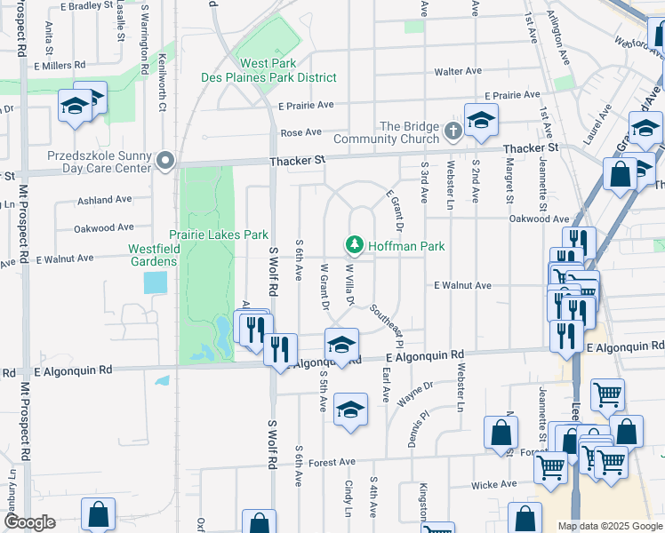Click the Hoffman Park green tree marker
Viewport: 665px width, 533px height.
pyautogui.click(x=355, y=244)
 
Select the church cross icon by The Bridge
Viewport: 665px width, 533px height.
pyautogui.click(x=453, y=132)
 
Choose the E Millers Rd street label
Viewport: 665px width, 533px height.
pyautogui.click(x=60, y=66)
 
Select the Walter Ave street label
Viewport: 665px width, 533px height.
pyautogui.click(x=458, y=71)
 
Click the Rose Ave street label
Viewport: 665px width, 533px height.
pyautogui.click(x=300, y=132)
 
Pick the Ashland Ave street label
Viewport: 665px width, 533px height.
pyautogui.click(x=104, y=200)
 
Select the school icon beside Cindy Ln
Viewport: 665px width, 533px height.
pyautogui.click(x=351, y=409)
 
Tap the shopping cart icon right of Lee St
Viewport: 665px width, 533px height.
pyautogui.click(x=607, y=394)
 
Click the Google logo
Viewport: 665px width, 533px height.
pyautogui.click(x=28, y=522)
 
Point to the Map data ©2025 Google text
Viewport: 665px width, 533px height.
pyautogui.click(x=609, y=526)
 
